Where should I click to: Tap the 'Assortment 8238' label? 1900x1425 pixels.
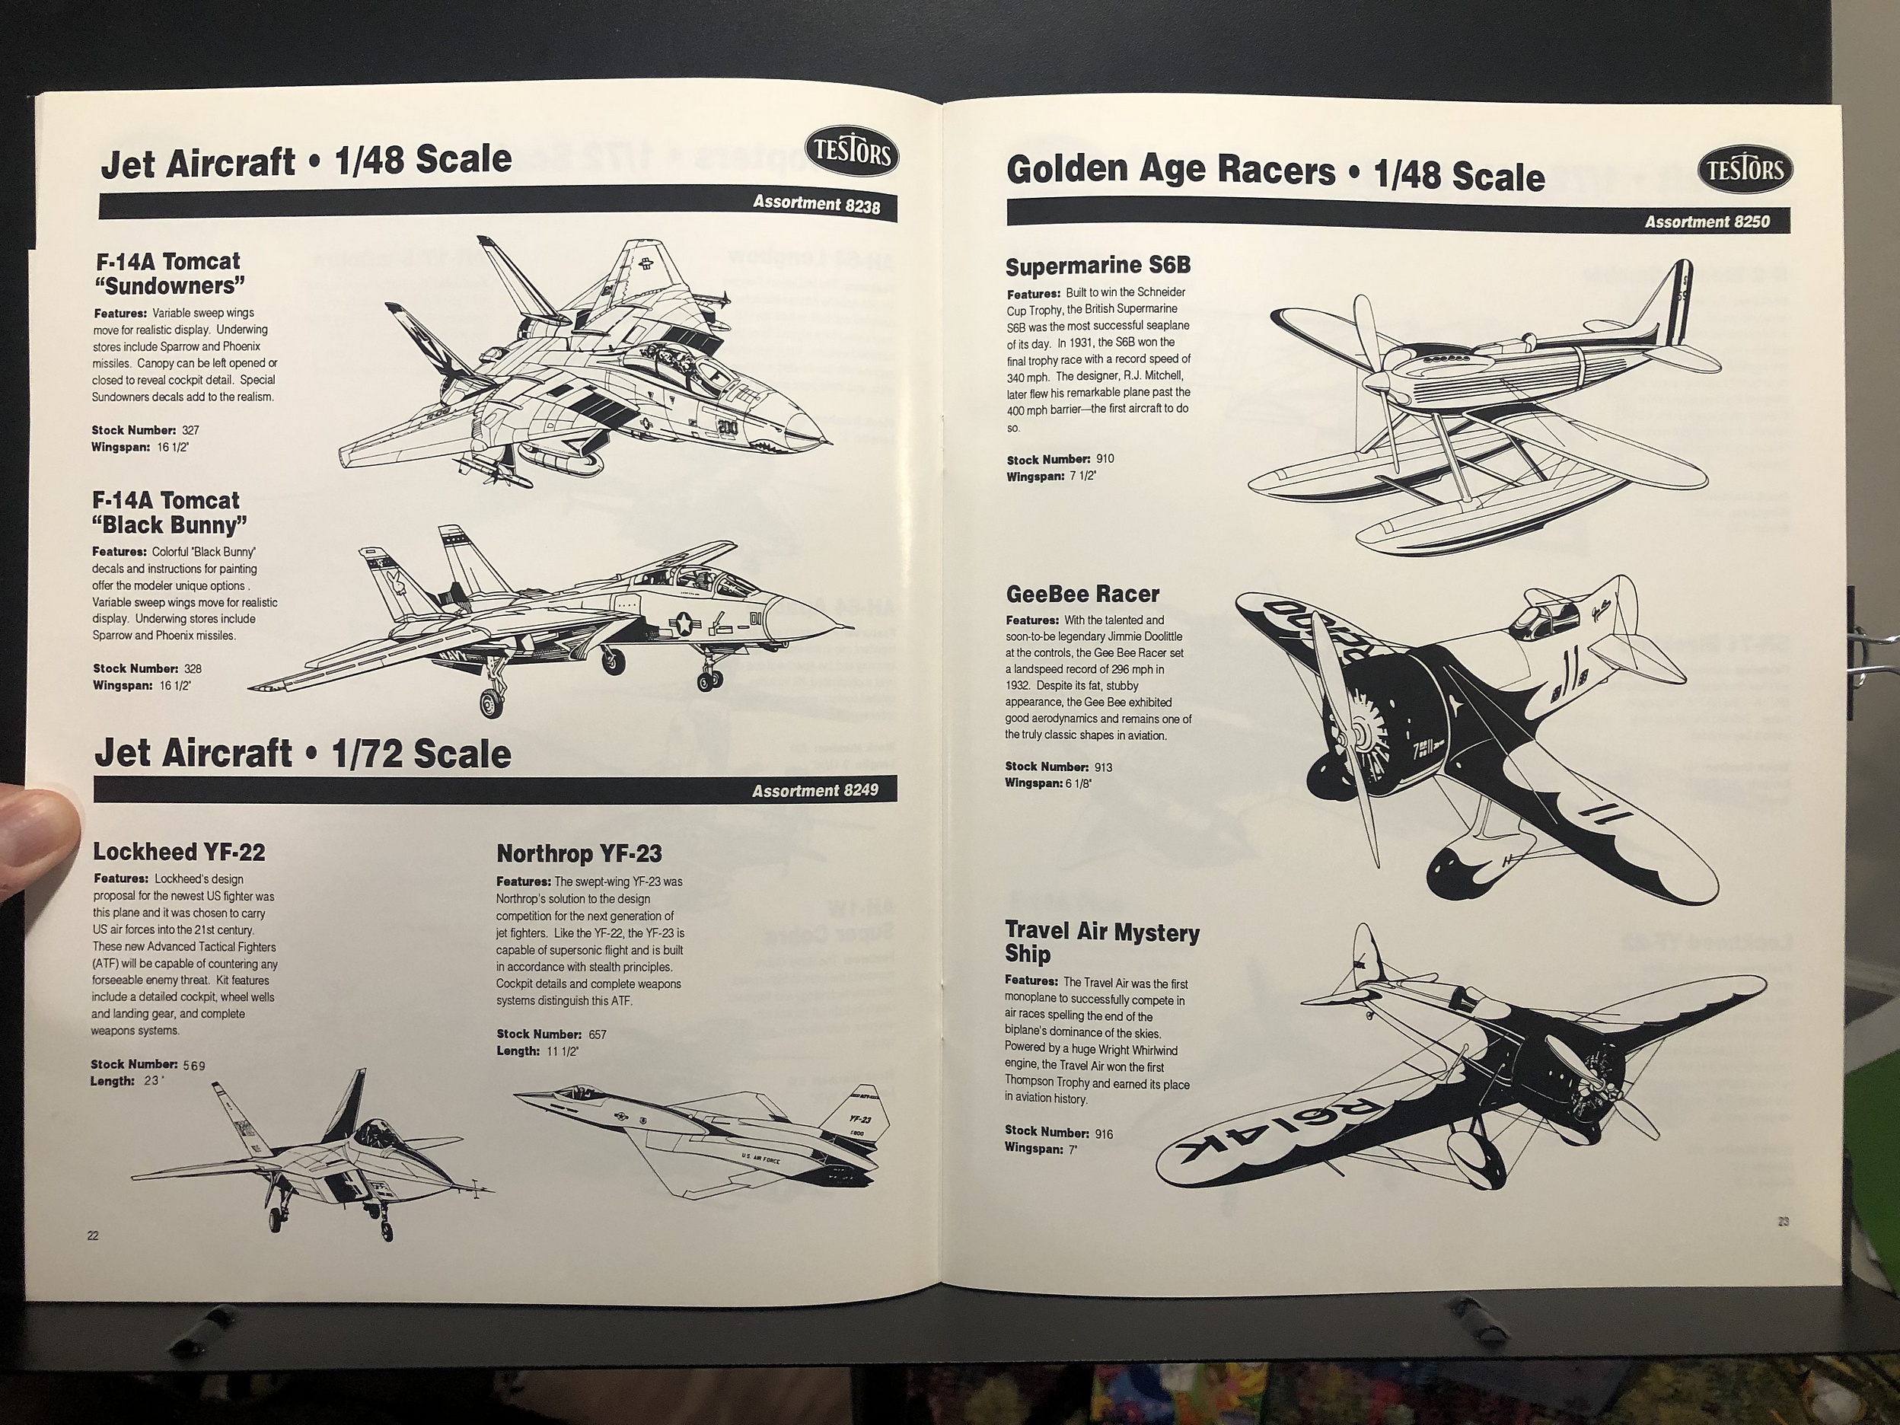click(816, 205)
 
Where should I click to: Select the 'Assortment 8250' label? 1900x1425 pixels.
click(1707, 222)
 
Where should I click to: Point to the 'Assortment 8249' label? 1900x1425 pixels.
click(815, 789)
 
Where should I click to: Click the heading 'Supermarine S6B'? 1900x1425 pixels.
click(1098, 266)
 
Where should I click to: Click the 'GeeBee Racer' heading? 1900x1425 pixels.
click(1082, 594)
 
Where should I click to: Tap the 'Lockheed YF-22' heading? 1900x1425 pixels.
click(179, 851)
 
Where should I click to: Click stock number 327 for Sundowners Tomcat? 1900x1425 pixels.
click(191, 429)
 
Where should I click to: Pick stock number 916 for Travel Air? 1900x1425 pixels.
click(1104, 1133)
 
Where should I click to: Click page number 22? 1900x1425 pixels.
click(92, 1235)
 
